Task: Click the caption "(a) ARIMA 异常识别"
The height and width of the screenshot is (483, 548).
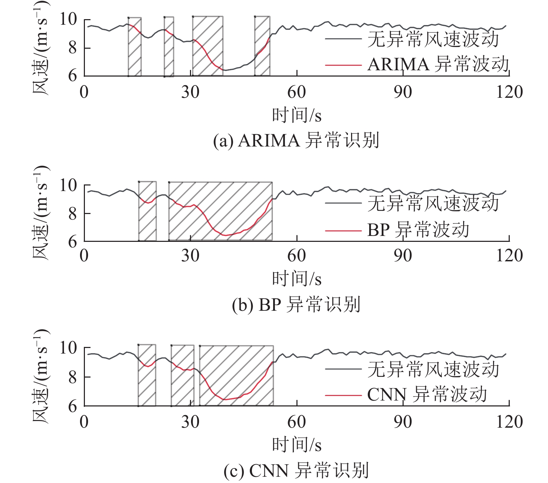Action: pyautogui.click(x=296, y=141)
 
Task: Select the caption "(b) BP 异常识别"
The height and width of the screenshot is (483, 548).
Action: pyautogui.click(x=296, y=304)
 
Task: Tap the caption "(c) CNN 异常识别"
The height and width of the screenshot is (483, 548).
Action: pyautogui.click(x=296, y=470)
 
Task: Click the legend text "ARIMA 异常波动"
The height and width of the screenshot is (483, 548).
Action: pyautogui.click(x=438, y=65)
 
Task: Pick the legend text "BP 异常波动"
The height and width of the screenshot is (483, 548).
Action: pyautogui.click(x=418, y=230)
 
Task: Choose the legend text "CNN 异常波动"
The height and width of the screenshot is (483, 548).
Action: pyautogui.click(x=427, y=395)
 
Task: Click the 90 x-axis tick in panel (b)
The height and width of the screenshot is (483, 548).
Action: pyautogui.click(x=403, y=256)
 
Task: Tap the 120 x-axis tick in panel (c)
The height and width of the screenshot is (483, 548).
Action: pyautogui.click(x=509, y=422)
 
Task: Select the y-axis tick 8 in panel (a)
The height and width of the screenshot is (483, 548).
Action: pyautogui.click(x=72, y=48)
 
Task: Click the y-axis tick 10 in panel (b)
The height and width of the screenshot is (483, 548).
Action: pyautogui.click(x=68, y=185)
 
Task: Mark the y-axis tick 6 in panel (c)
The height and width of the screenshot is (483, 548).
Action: pyautogui.click(x=72, y=406)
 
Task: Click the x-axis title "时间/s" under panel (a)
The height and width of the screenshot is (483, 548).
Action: pyautogui.click(x=296, y=115)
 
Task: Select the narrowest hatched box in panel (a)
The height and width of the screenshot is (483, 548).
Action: pyautogui.click(x=169, y=46)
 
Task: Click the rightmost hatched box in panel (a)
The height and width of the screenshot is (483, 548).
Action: pyautogui.click(x=262, y=46)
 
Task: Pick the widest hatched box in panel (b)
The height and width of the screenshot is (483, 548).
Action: pyautogui.click(x=220, y=211)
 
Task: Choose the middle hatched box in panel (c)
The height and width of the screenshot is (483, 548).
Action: pyautogui.click(x=182, y=375)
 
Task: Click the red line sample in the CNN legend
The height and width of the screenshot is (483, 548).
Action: pyautogui.click(x=343, y=395)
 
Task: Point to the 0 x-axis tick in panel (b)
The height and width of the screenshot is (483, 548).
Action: pyautogui.click(x=84, y=256)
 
